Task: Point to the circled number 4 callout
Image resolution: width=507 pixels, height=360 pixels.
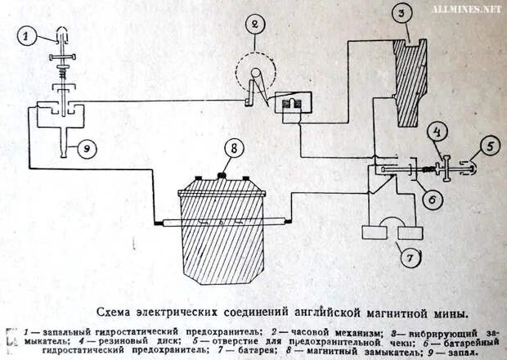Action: pyautogui.click(x=438, y=131)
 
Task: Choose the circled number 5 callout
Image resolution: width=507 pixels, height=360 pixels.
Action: pyautogui.click(x=487, y=147)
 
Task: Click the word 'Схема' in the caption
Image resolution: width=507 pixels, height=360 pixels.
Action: pyautogui.click(x=116, y=313)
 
